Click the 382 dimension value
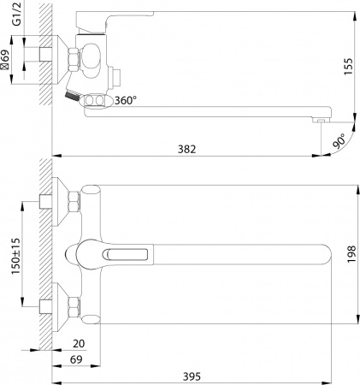click(x=187, y=150)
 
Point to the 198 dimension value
click(x=347, y=254)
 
